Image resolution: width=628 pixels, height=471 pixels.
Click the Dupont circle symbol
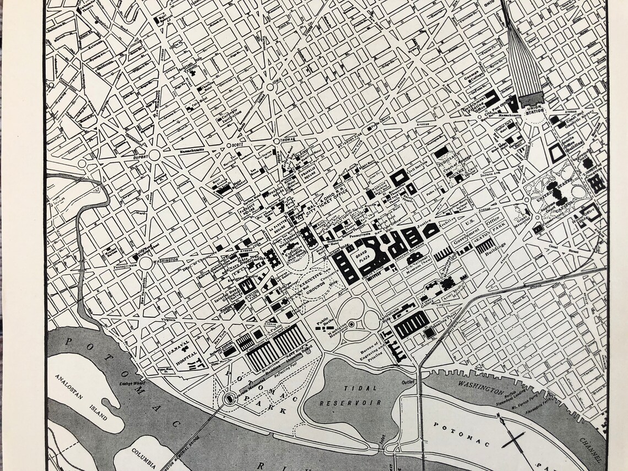click(x=154, y=154)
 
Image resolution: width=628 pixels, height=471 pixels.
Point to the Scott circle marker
click(x=229, y=145)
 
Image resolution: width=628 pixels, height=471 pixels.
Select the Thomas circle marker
click(x=277, y=145)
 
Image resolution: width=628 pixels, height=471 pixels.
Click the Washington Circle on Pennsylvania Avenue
click(x=145, y=263)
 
